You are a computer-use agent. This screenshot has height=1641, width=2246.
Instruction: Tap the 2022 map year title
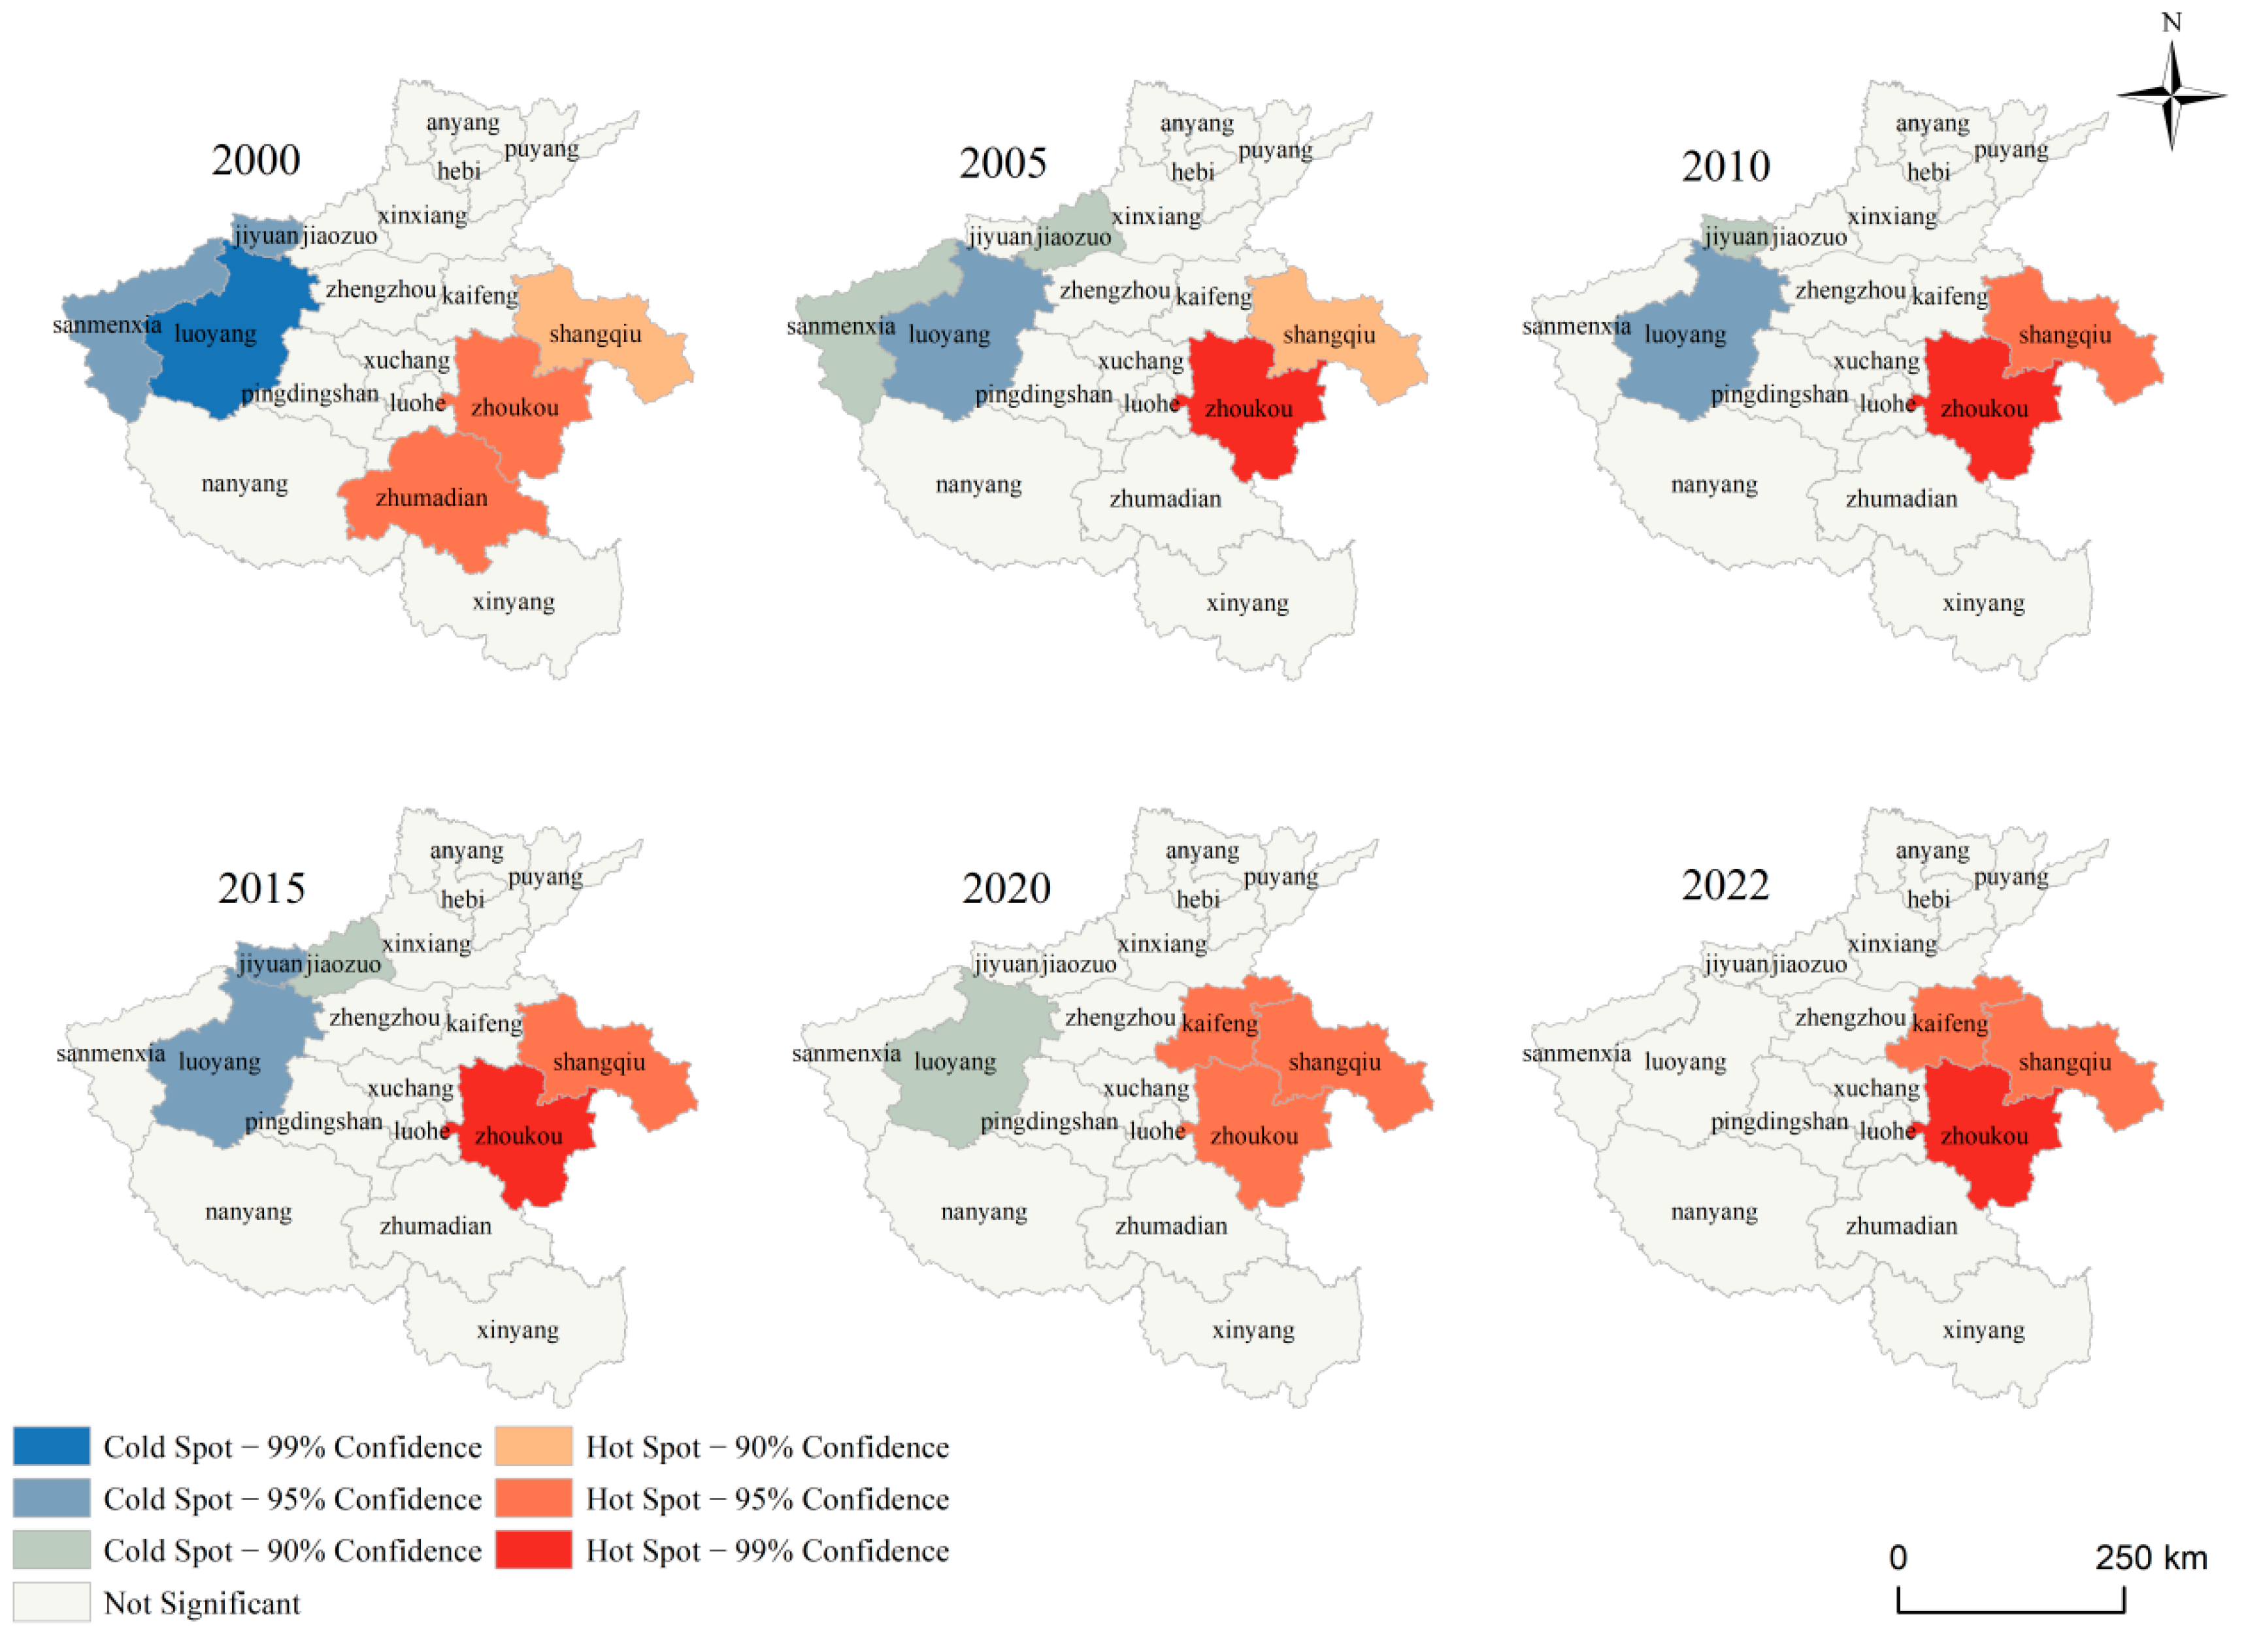(x=1725, y=885)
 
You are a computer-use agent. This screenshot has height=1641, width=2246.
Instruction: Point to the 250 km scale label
(x=2151, y=1557)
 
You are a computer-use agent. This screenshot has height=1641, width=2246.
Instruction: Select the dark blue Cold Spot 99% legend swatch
(x=52, y=1446)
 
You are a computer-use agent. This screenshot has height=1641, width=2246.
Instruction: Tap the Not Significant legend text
(x=202, y=1602)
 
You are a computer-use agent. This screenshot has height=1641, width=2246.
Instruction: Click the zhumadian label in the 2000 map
(x=431, y=498)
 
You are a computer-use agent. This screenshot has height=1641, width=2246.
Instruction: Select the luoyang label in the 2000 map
(x=216, y=334)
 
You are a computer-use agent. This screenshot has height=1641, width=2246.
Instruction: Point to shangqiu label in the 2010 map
(x=2064, y=335)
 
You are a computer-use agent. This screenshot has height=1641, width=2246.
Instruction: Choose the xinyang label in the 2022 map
(x=1983, y=1329)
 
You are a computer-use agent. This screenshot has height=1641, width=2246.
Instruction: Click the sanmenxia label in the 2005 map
(x=840, y=327)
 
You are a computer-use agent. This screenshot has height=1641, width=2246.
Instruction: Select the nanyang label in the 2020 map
(x=983, y=1212)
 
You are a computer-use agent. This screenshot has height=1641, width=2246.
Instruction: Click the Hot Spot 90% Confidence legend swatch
(x=533, y=1446)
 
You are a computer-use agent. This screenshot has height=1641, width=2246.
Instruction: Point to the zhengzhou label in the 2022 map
(x=1849, y=1017)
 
